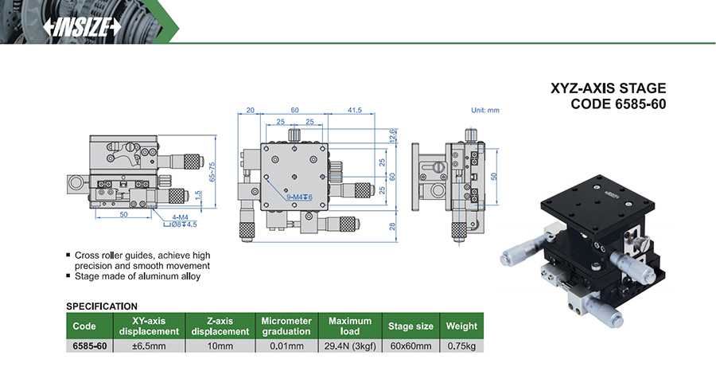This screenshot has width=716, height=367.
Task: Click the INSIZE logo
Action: click(83, 25)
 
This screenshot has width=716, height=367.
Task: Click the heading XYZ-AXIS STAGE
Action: click(609, 89)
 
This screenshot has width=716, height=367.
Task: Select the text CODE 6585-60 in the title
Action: click(618, 104)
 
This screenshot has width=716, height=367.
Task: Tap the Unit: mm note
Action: click(484, 110)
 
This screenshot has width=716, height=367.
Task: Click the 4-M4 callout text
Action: click(181, 216)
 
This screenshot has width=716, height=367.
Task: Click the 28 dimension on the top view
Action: click(392, 227)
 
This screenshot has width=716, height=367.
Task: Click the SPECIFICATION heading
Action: click(102, 306)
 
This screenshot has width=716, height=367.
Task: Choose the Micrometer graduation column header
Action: click(282, 326)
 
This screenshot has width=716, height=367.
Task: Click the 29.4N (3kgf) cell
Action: click(350, 346)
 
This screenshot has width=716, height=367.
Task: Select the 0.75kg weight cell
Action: click(461, 346)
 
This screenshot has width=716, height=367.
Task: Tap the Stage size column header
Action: click(411, 326)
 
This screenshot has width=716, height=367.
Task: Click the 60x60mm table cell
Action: click(411, 346)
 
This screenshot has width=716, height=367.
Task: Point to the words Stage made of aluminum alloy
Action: click(137, 276)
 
